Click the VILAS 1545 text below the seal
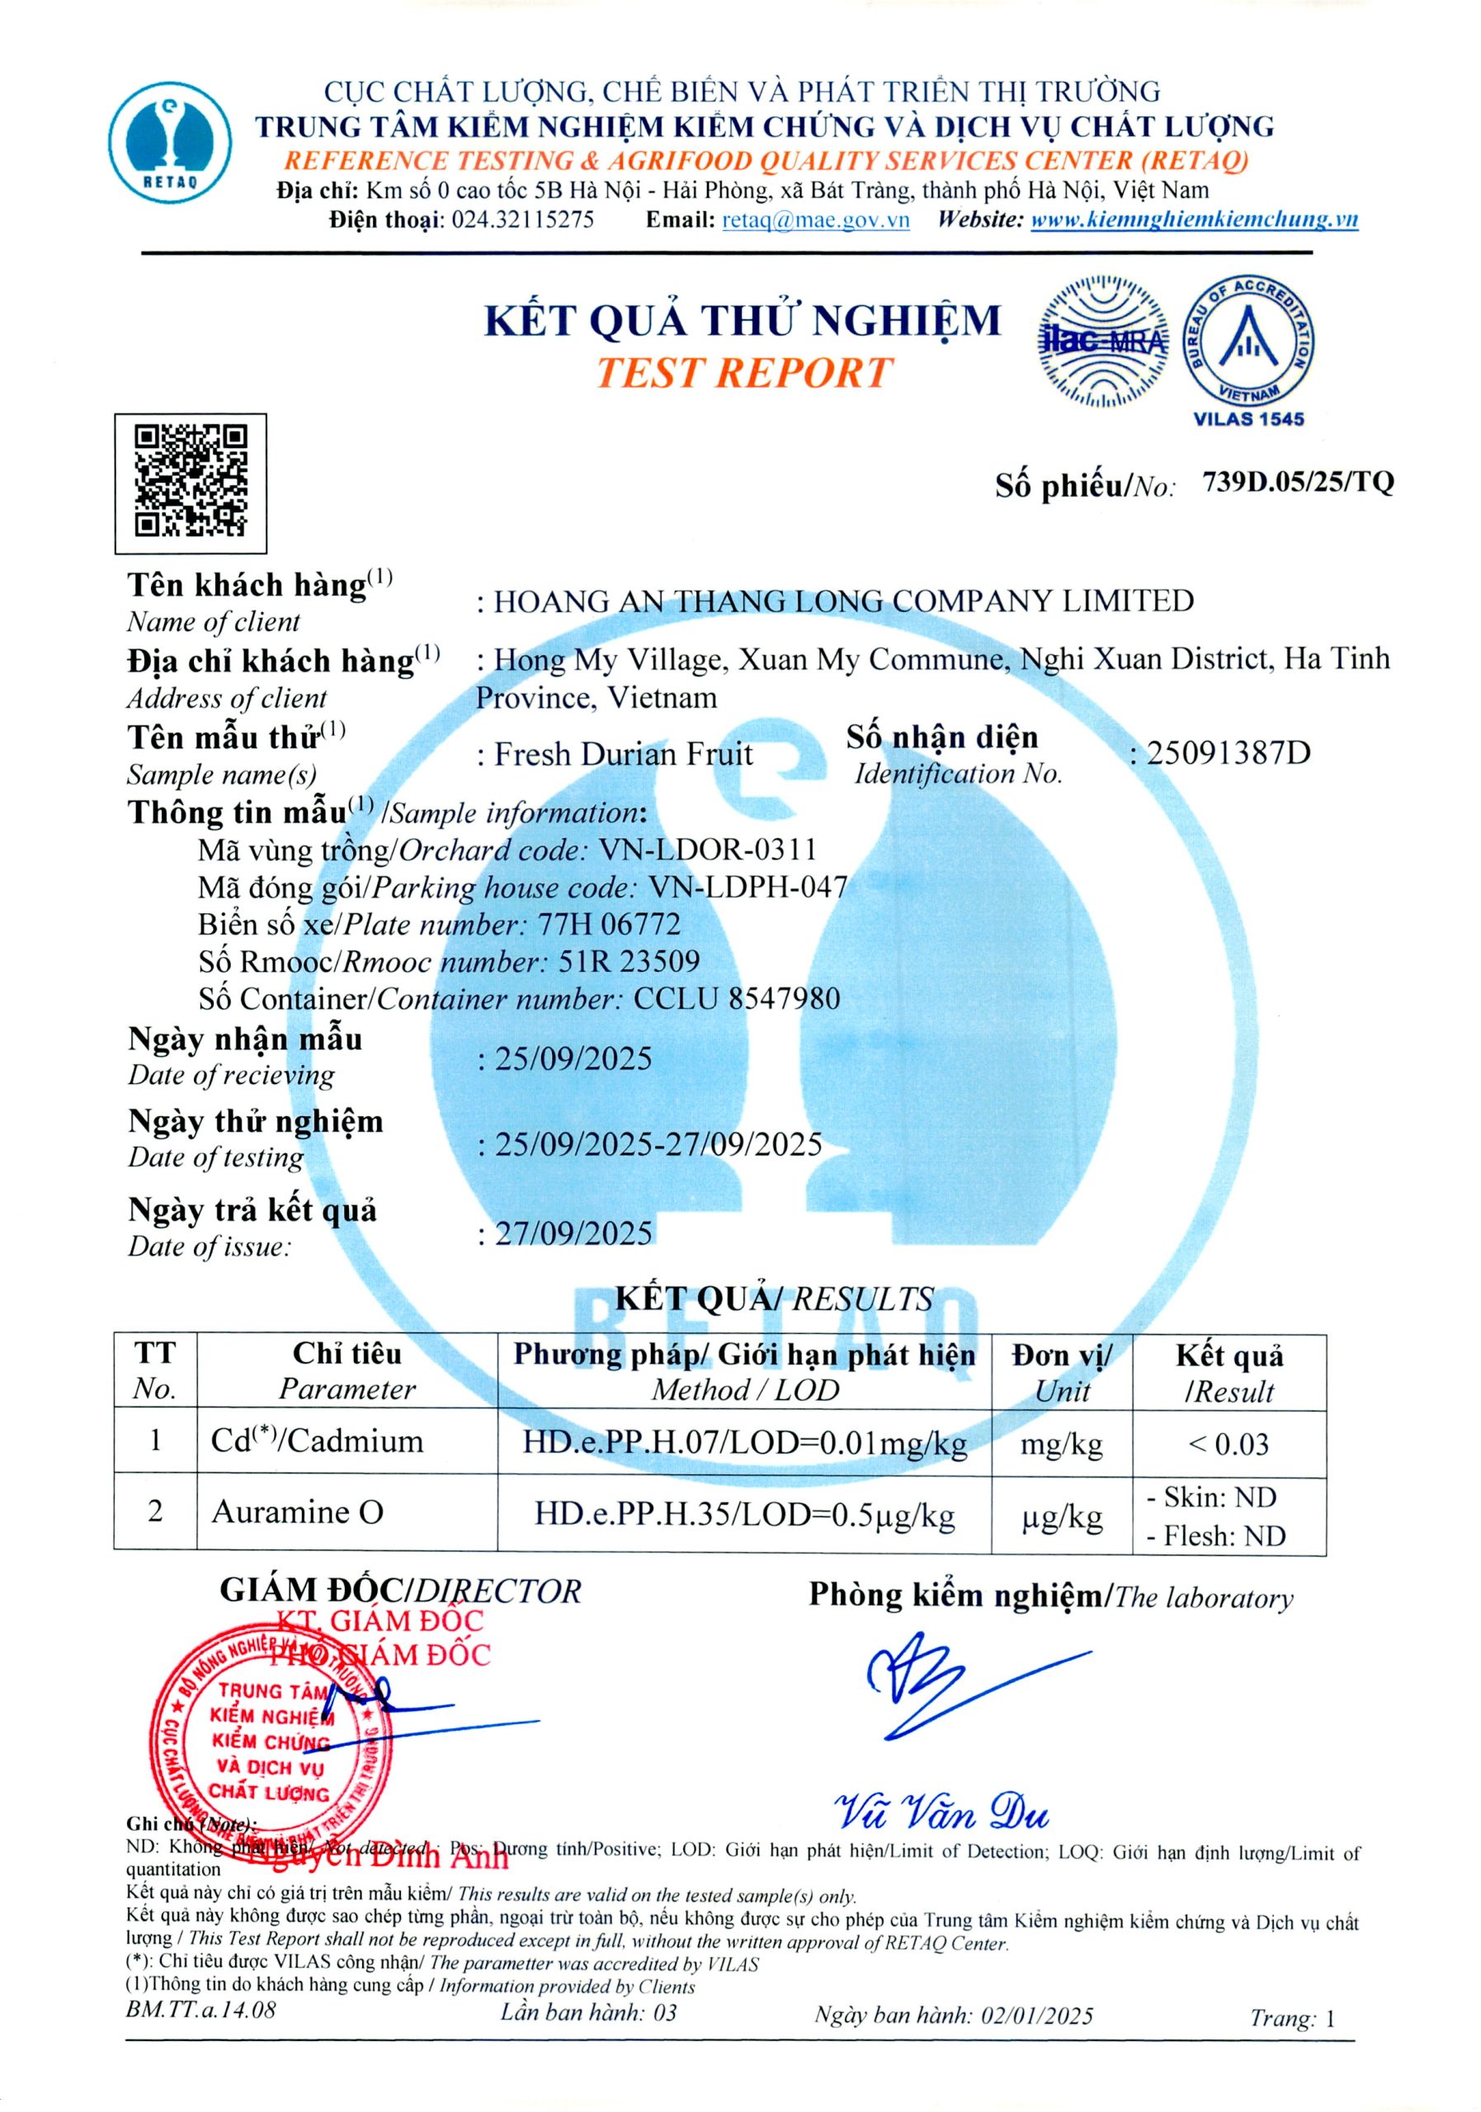[1248, 419]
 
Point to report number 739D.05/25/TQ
[1297, 482]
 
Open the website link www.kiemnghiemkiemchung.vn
[1193, 219]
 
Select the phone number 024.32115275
[521, 219]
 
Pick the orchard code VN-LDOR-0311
[707, 850]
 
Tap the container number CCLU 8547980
[736, 999]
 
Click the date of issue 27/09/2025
[573, 1233]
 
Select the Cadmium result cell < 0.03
[1228, 1443]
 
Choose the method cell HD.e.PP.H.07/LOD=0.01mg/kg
[744, 1442]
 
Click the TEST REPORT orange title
[743, 374]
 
